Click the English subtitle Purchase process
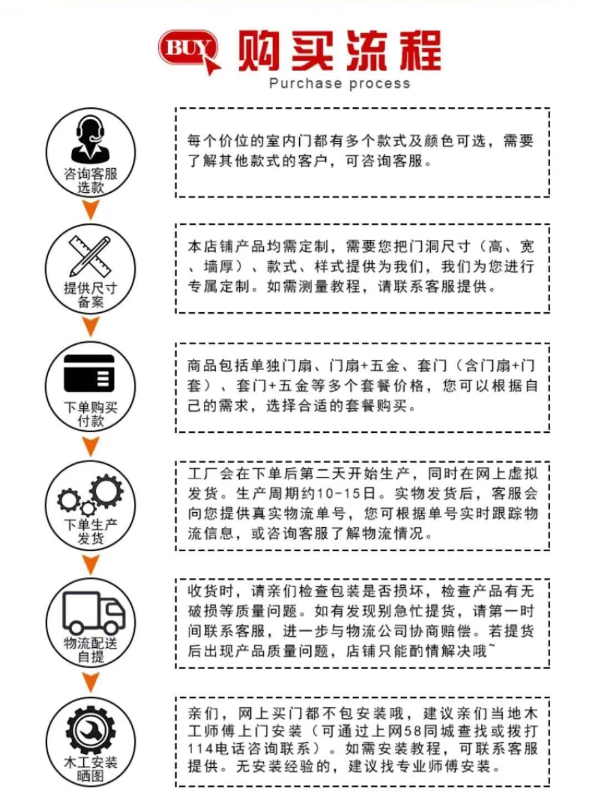tap(339, 84)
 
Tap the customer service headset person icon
tap(90, 138)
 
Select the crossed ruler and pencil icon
tap(90, 256)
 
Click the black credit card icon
tap(89, 373)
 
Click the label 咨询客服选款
tap(90, 180)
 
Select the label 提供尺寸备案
tap(90, 295)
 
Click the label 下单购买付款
tap(90, 414)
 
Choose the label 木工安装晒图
tap(90, 769)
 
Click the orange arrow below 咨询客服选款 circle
tap(90, 209)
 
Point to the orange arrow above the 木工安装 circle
tap(90, 682)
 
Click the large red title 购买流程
tap(339, 51)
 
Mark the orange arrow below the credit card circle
tap(90, 446)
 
